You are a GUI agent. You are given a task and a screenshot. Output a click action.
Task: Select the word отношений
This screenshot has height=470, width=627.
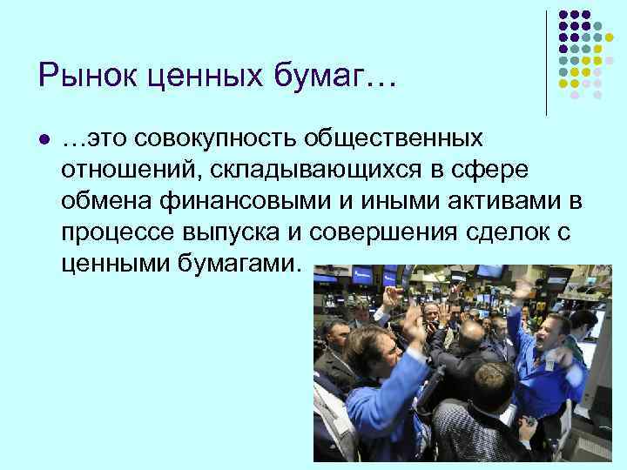125,170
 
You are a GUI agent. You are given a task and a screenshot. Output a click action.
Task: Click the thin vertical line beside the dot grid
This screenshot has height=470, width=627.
546,61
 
